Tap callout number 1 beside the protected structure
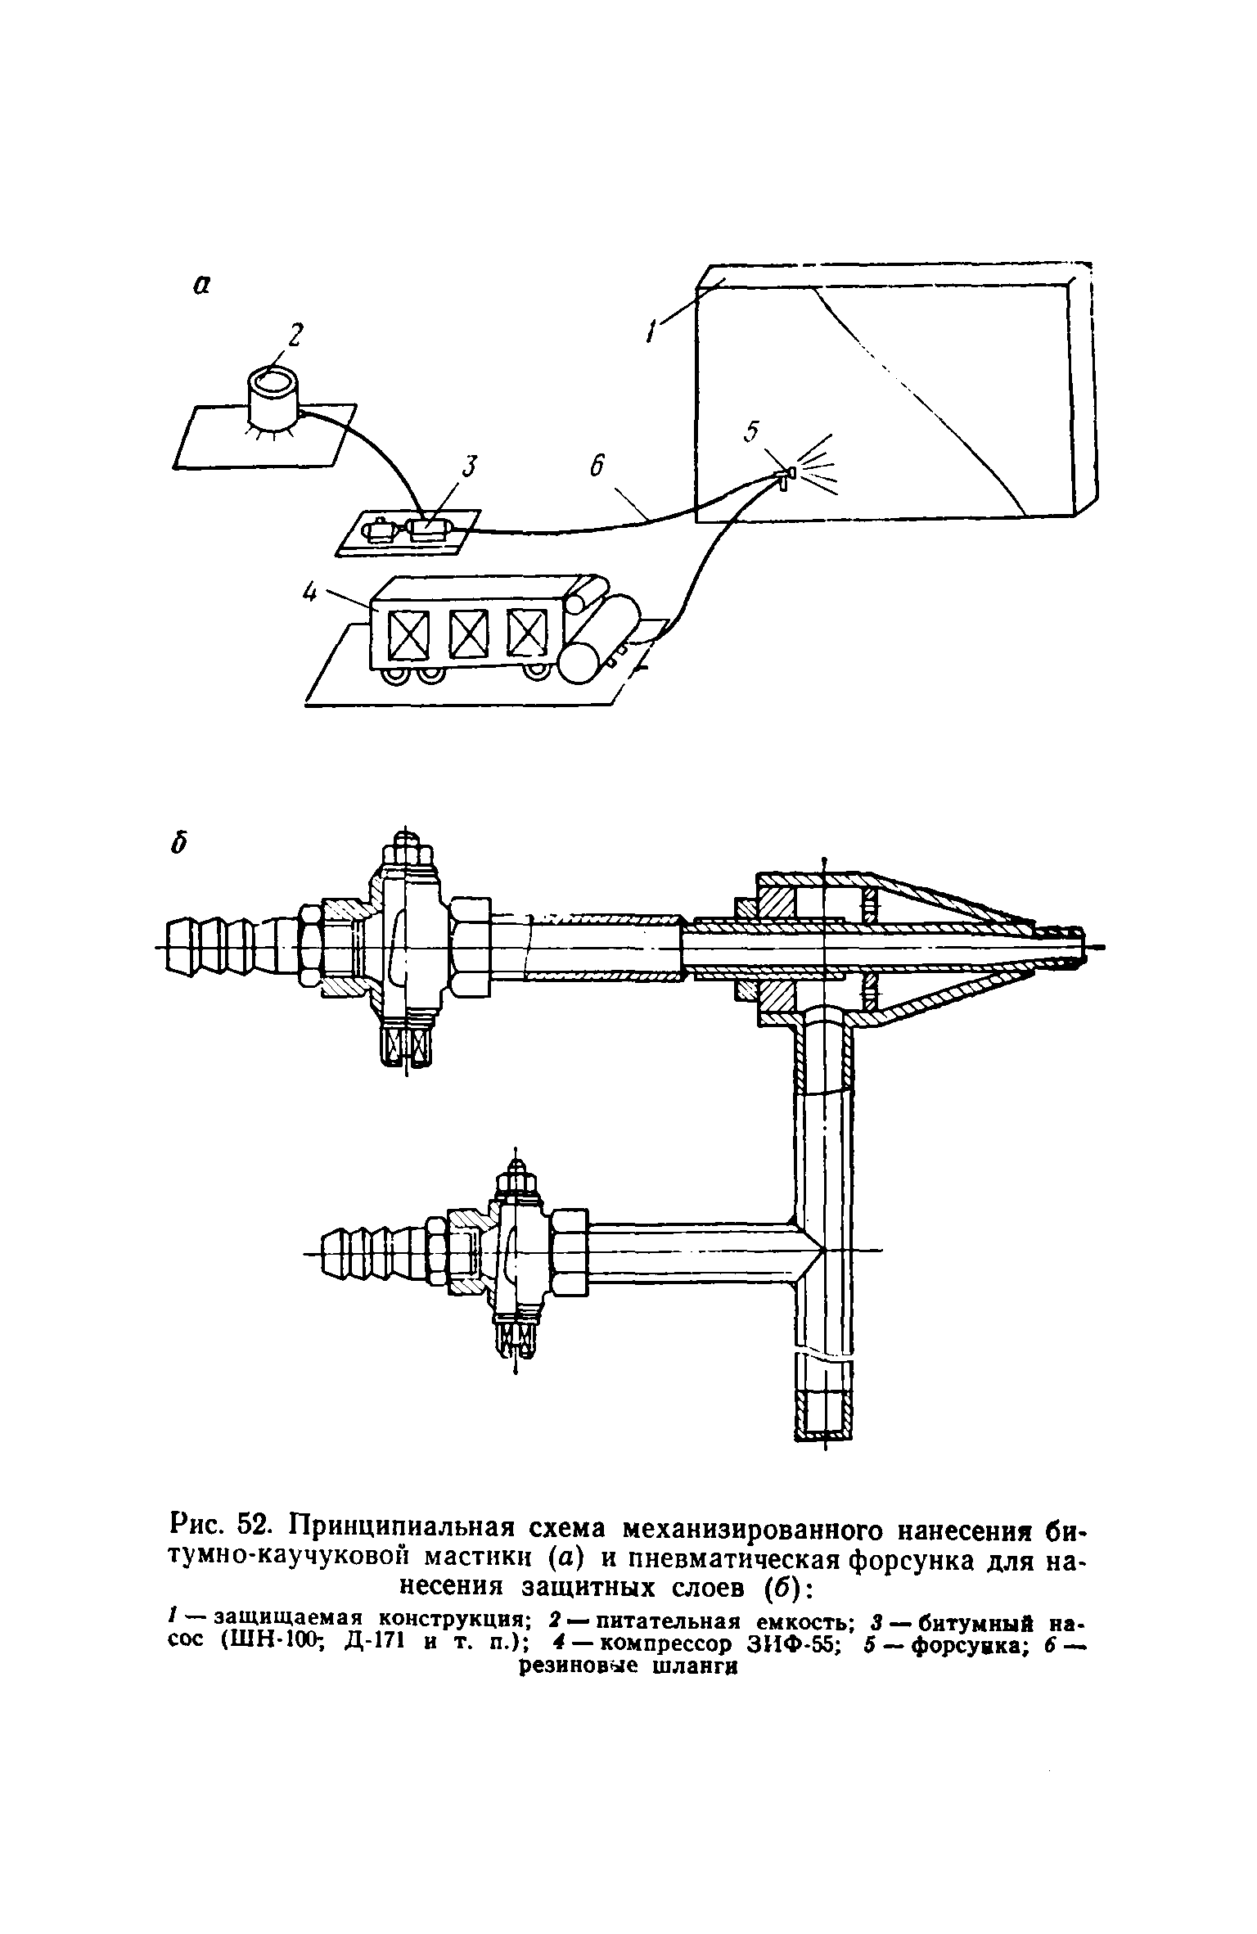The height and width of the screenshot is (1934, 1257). click(651, 331)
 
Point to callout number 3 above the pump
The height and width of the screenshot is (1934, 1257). click(469, 467)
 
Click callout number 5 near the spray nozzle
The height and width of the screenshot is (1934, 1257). click(753, 431)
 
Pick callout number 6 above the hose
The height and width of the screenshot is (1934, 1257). click(597, 467)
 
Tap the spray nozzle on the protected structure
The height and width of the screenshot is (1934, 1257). click(786, 476)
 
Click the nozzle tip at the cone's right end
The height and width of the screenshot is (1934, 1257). click(1064, 946)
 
